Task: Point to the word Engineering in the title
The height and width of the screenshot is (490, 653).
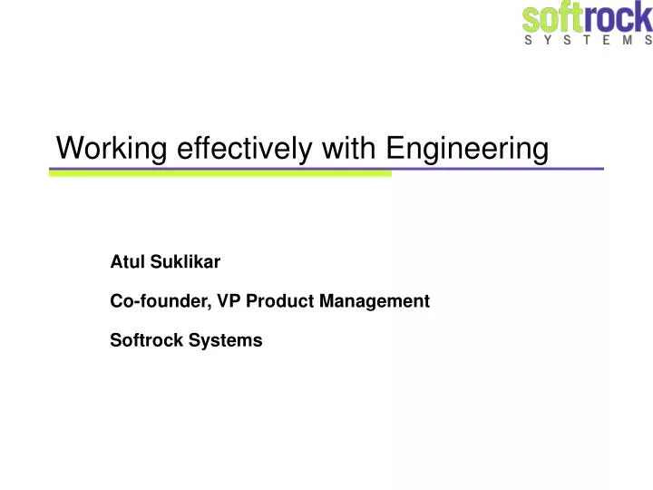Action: coord(468,149)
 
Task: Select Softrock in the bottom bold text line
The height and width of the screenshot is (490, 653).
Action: coord(142,341)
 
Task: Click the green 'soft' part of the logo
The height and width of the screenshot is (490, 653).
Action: coord(553,18)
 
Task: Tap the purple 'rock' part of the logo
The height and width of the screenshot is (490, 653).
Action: coord(617,18)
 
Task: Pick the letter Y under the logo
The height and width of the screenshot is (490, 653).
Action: coord(552,42)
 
